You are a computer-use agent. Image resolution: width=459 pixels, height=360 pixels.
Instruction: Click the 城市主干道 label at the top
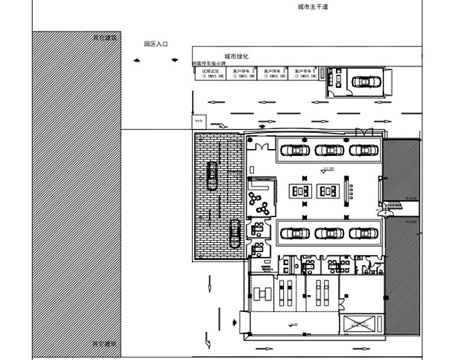coord(314,6)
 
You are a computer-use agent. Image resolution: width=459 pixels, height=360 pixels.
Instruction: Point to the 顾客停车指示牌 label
coord(209,63)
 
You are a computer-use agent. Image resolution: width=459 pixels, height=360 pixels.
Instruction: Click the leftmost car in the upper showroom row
coord(295,150)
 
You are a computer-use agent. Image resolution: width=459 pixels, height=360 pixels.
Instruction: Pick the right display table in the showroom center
coord(330,190)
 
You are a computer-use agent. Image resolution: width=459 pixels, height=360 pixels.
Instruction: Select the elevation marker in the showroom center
coord(329,167)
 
